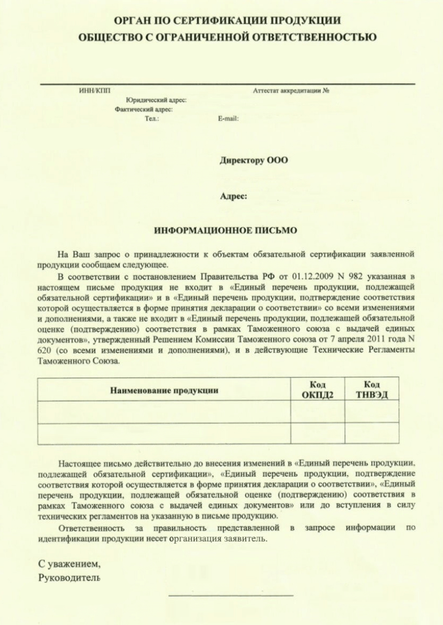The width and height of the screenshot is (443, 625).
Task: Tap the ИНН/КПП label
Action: click(91, 91)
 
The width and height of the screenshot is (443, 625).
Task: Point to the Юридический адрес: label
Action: click(156, 101)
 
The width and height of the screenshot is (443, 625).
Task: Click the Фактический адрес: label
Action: click(144, 110)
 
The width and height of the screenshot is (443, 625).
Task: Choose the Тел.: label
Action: click(152, 119)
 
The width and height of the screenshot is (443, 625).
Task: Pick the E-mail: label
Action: click(228, 119)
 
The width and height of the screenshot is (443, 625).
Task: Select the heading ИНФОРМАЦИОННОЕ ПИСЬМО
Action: click(225, 229)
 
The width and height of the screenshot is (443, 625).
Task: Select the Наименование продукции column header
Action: click(164, 390)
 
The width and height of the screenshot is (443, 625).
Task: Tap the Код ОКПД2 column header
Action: click(317, 390)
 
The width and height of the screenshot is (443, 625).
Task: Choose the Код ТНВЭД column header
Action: click(372, 390)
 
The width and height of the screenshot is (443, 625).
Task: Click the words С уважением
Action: click(68, 564)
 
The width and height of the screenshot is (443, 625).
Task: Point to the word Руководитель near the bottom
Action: click(69, 577)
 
